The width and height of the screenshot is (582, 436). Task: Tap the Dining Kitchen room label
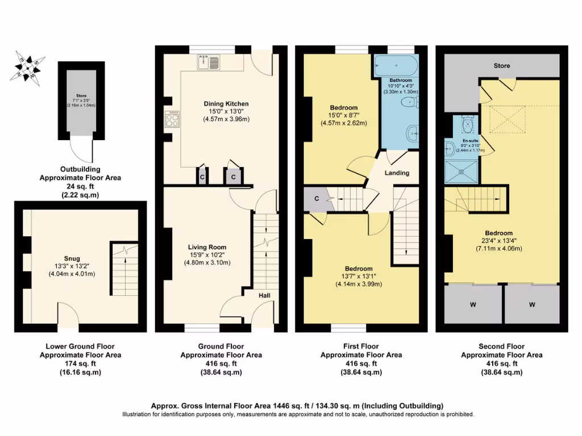click(x=226, y=103)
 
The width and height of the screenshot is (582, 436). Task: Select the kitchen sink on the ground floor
click(x=209, y=62)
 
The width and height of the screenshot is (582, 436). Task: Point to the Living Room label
click(x=207, y=247)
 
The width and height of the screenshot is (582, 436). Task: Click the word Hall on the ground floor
click(x=265, y=296)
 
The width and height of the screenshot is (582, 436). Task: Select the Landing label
click(x=397, y=173)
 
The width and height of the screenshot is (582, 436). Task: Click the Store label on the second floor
click(x=501, y=66)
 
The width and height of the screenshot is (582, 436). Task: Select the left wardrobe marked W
click(x=473, y=305)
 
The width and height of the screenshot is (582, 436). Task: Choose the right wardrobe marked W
click(x=533, y=305)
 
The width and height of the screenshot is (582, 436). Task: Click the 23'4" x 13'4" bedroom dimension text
click(x=499, y=241)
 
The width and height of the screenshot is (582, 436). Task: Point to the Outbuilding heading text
click(x=80, y=169)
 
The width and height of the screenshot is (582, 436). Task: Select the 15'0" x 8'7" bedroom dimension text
click(x=343, y=115)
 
